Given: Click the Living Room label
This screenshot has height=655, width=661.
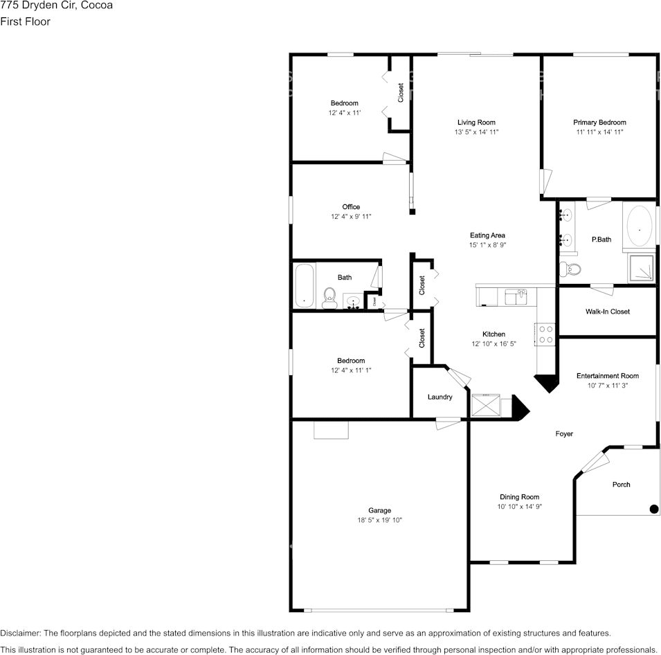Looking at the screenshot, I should (476, 122).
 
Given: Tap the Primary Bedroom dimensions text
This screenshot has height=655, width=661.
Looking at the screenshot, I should (599, 132).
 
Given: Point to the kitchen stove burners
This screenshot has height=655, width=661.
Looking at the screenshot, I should (545, 334).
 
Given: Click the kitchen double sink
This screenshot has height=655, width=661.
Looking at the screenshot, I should (516, 296).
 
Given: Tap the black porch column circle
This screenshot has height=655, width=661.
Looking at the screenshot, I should (653, 510).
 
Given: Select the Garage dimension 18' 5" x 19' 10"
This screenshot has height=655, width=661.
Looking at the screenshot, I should (379, 520).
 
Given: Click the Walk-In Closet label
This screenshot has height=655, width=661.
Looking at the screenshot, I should (607, 312).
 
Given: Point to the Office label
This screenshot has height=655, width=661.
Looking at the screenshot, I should (351, 207).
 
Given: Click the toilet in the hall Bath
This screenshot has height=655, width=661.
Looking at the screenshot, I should (329, 298).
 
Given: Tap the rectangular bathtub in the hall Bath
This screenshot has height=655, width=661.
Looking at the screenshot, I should (304, 286).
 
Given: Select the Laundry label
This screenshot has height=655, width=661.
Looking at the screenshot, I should (440, 397).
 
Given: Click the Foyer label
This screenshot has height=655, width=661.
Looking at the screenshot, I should (564, 434).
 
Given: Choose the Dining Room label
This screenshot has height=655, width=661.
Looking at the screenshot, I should (519, 497).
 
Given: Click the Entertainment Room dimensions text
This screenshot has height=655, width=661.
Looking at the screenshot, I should (607, 386).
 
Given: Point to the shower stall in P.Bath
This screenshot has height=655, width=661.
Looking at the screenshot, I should (640, 269).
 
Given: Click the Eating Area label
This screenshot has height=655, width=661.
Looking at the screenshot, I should (487, 235).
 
